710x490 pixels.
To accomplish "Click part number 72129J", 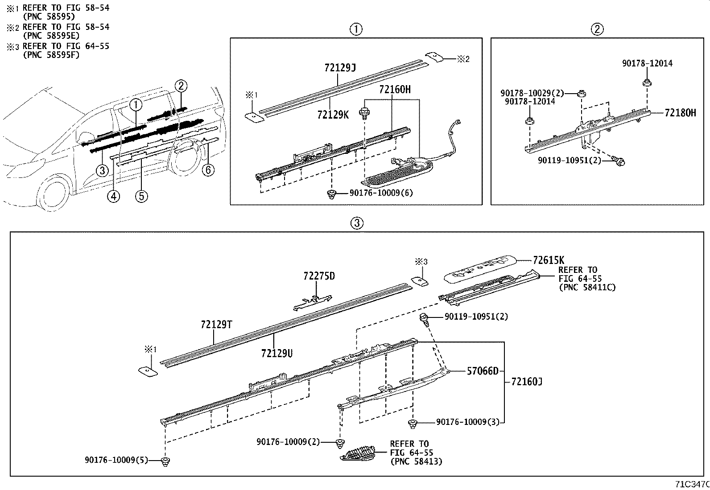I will (x=339, y=68).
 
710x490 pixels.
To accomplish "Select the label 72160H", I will (x=394, y=90).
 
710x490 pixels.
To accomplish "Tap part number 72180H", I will (x=680, y=113).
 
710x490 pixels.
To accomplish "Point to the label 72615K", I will (x=548, y=260).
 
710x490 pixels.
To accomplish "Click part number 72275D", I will (x=319, y=276).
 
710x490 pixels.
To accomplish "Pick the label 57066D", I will (x=482, y=371).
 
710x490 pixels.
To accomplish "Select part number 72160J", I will (x=527, y=382).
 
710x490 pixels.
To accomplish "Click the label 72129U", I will (x=277, y=353).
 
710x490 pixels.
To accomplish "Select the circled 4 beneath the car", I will (x=113, y=196).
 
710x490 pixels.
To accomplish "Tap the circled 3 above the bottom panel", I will (x=357, y=223).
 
